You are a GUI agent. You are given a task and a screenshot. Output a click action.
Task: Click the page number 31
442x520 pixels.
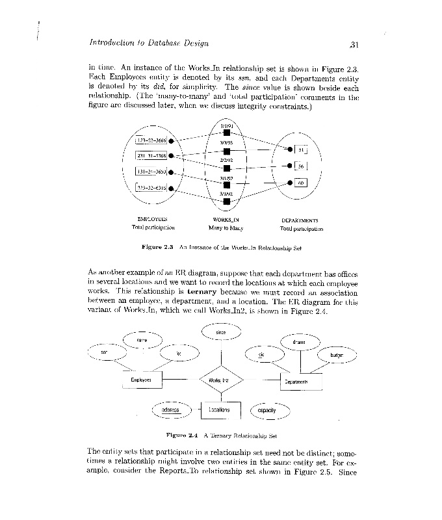tap(354, 45)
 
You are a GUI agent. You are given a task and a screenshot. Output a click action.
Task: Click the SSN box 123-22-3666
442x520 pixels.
tap(151, 140)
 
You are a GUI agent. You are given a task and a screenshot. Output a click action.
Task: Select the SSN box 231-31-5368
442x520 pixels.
tap(151, 155)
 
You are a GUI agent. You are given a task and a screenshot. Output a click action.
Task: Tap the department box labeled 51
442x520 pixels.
tap(301, 151)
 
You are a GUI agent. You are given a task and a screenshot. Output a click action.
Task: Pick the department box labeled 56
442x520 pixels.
tap(301, 166)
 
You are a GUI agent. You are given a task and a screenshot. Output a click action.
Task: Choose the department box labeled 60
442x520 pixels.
tap(300, 183)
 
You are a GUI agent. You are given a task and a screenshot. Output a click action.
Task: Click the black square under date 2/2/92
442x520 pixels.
tap(226, 169)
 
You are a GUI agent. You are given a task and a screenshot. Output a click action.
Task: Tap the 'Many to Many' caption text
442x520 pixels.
tap(226, 228)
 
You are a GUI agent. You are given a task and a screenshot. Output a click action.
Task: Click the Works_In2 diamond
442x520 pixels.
tap(221, 380)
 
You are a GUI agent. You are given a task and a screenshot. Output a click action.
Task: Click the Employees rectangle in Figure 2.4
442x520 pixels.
tap(141, 380)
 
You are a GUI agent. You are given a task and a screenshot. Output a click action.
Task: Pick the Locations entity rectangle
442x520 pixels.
tap(220, 410)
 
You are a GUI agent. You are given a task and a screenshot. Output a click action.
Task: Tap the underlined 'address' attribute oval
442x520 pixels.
tap(171, 410)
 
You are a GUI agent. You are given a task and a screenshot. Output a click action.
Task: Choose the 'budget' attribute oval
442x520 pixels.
tap(337, 356)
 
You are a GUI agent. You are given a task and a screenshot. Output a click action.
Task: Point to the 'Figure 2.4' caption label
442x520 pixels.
tap(182, 435)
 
